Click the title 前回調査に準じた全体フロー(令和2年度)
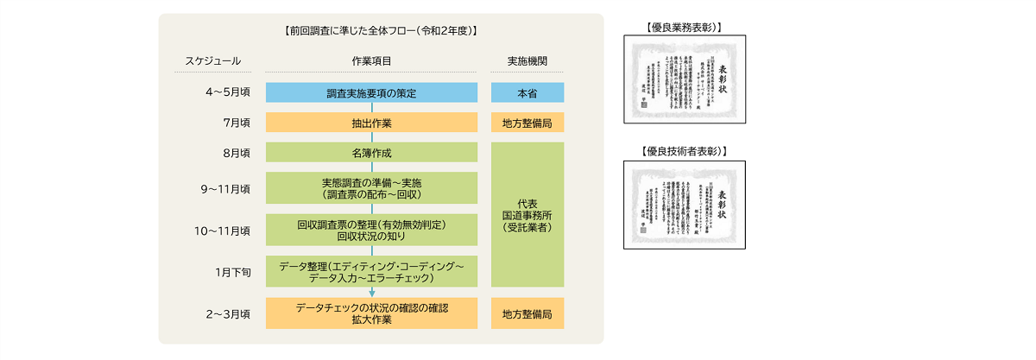coord(380,31)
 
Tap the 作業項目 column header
coord(372,61)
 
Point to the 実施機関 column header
coord(527,61)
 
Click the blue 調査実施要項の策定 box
coord(372,93)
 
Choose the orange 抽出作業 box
coord(372,123)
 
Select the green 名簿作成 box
coord(372,153)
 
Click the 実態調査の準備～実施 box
coord(372,188)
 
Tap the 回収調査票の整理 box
coord(372,230)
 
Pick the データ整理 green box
coord(372,272)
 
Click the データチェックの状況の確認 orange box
coord(372,313)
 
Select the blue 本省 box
coord(527,93)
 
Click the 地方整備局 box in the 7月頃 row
coord(527,123)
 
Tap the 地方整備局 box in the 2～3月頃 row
coord(527,313)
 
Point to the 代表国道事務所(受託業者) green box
coord(527,214)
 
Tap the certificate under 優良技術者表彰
coord(685,205)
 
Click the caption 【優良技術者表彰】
coord(685,152)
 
